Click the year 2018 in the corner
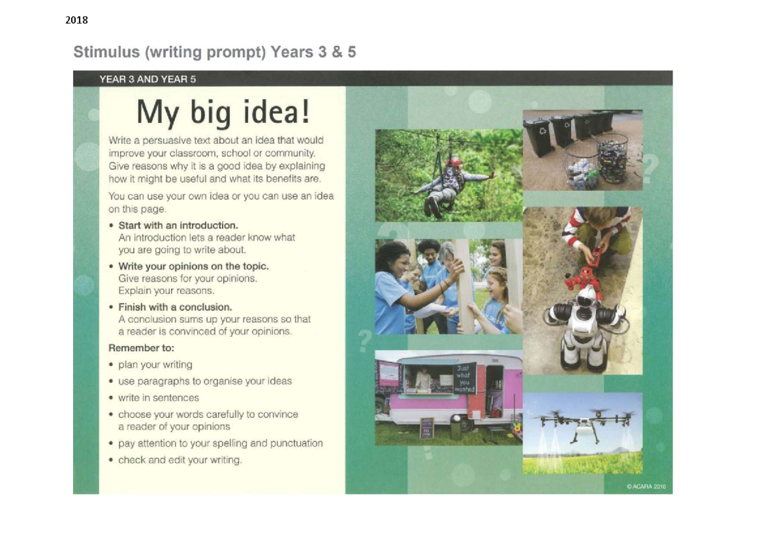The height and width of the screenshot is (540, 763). tap(76, 20)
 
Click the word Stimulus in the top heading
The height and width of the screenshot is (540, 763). tap(107, 52)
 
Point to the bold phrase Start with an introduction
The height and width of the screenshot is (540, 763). tap(178, 225)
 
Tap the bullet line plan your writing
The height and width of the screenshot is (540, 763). tap(155, 364)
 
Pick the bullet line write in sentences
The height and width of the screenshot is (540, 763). tap(158, 398)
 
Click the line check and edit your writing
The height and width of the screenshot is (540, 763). tap(179, 460)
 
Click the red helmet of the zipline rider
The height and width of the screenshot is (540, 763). tap(453, 162)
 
